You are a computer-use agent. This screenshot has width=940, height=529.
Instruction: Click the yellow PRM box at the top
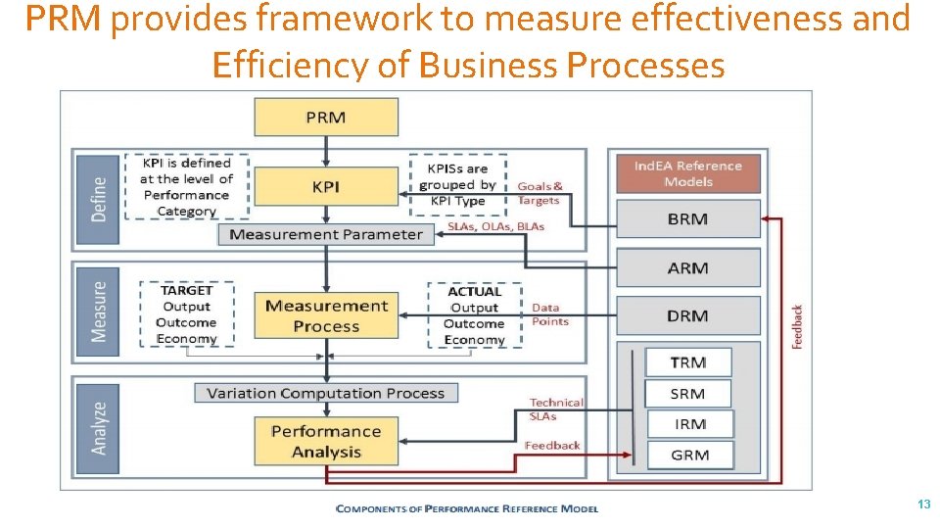click(x=326, y=117)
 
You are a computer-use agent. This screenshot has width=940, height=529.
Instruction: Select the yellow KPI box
click(x=326, y=185)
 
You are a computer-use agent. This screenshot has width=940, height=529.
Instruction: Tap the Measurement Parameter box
click(x=326, y=235)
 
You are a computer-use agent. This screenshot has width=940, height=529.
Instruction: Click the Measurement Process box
click(x=326, y=315)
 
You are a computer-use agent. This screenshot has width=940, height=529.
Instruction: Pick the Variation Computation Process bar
click(x=326, y=393)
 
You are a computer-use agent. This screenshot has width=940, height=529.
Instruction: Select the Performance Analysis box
click(x=326, y=441)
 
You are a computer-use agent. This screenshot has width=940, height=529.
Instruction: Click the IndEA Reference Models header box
click(x=688, y=173)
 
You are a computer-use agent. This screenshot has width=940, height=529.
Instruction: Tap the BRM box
click(x=688, y=219)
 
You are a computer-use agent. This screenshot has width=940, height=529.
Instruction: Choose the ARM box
click(x=688, y=267)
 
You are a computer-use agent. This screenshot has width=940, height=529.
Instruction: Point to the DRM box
click(x=688, y=315)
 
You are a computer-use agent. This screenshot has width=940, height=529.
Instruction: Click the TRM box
click(x=688, y=362)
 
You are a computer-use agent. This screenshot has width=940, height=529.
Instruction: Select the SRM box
click(x=688, y=394)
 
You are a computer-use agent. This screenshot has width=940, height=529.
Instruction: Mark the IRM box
click(x=688, y=424)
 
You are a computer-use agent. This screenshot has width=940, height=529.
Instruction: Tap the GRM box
click(x=688, y=455)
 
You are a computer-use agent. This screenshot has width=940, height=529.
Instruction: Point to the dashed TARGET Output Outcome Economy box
click(x=186, y=314)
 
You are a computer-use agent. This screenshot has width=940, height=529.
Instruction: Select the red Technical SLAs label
click(x=555, y=409)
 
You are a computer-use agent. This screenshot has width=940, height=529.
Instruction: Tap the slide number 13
click(x=923, y=504)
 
